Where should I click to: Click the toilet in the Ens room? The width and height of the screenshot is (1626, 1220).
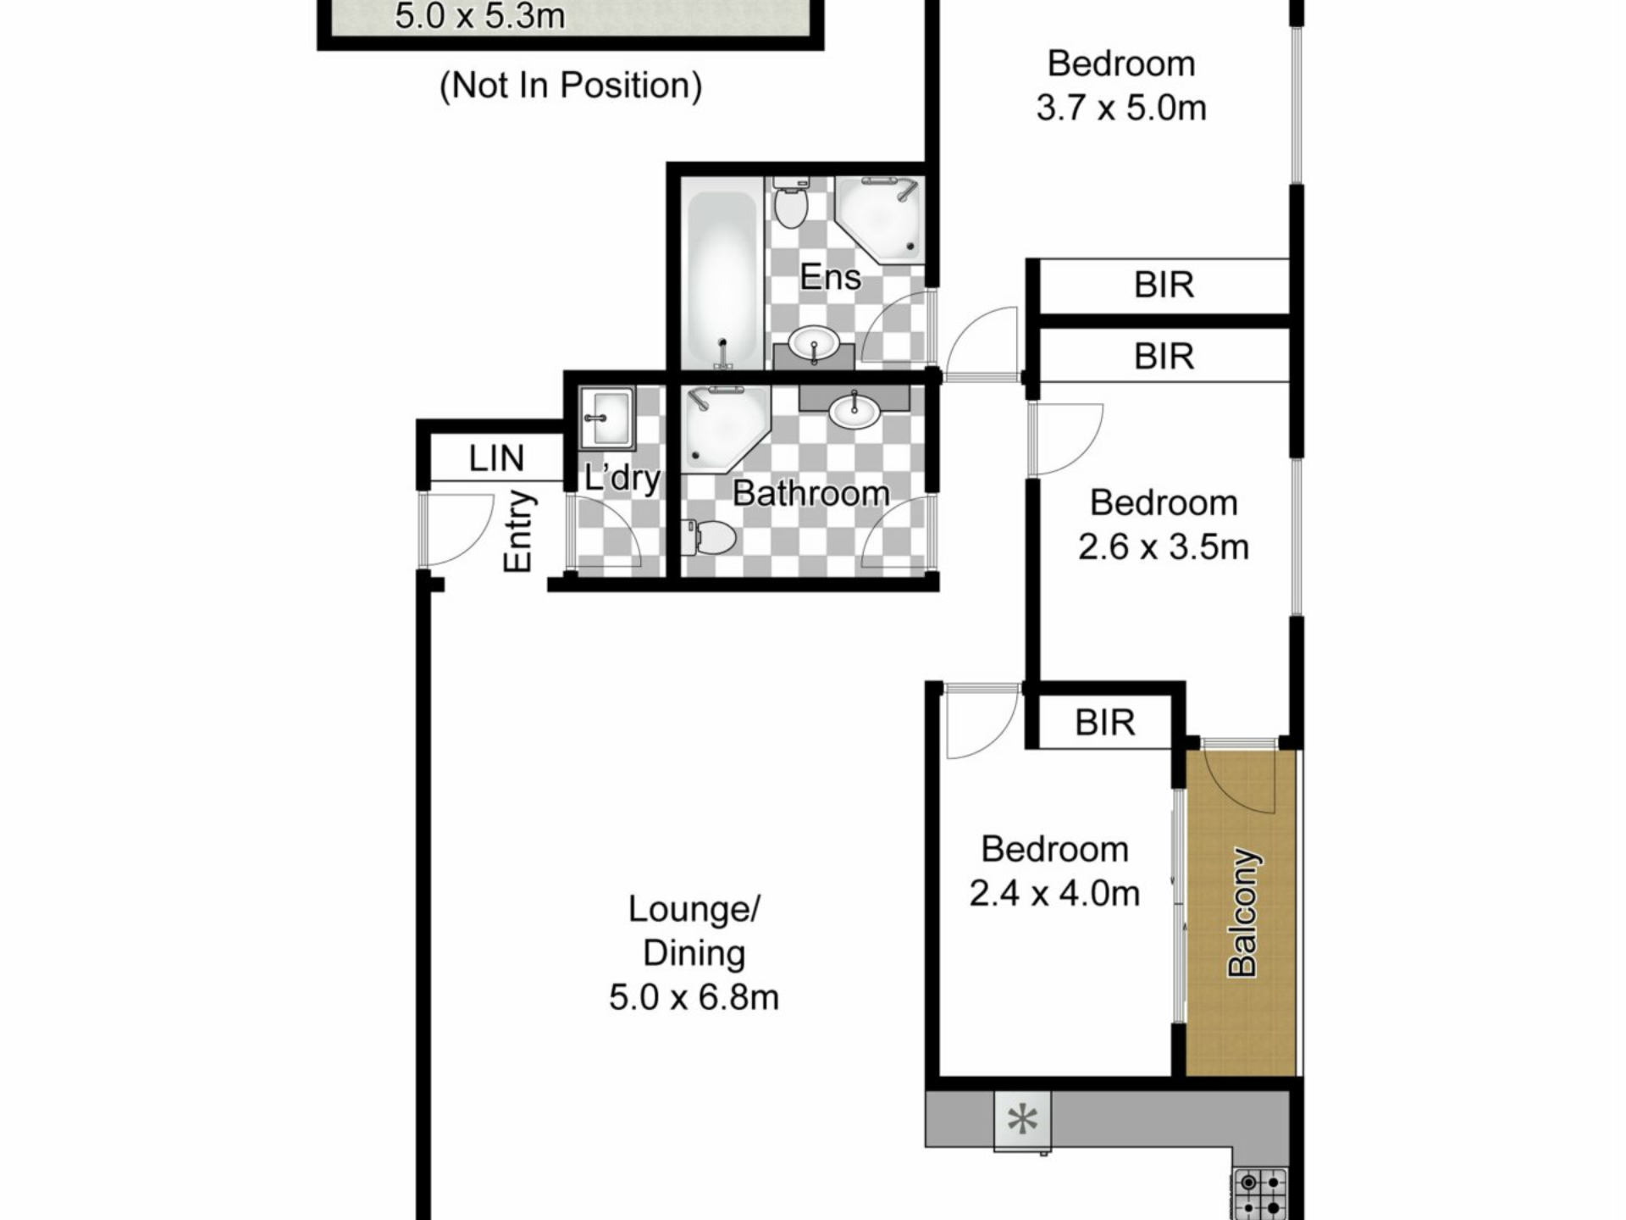click(791, 202)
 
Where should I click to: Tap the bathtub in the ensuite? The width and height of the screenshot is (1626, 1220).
click(722, 279)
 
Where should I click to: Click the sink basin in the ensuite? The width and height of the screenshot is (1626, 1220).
click(814, 344)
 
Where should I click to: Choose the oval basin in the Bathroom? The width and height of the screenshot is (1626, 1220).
click(854, 411)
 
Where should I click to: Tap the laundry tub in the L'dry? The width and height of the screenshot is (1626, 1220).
click(607, 418)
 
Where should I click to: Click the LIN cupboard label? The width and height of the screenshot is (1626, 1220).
click(497, 458)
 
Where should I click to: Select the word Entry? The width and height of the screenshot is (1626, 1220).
click(517, 531)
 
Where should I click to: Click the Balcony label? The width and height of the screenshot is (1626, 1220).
click(1243, 912)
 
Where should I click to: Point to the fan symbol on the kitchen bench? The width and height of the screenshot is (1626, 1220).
click(1023, 1120)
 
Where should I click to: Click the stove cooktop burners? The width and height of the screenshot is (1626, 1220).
click(1261, 1195)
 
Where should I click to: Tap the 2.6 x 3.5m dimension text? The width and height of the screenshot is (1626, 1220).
click(1164, 547)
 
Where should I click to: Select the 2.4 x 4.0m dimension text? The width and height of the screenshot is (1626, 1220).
click(1054, 894)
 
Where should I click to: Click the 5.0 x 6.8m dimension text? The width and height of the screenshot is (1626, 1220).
click(694, 997)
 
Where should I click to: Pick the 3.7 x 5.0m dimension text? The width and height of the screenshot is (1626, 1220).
click(1121, 108)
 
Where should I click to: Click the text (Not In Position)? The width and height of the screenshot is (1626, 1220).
click(571, 86)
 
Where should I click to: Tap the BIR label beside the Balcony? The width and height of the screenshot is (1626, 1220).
click(1105, 723)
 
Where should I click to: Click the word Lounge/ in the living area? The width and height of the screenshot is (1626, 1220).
click(694, 910)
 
